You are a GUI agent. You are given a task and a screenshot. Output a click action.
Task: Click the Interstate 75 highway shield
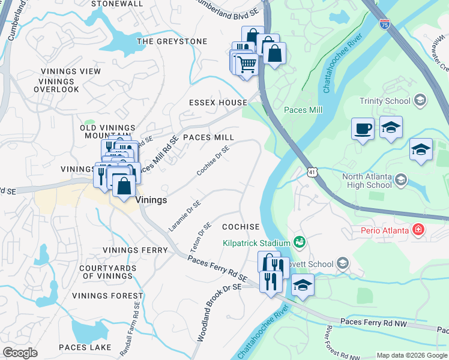(x=384, y=25)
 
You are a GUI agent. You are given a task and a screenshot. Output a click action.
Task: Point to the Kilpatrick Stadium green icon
(x=299, y=242)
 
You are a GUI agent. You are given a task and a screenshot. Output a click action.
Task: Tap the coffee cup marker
(x=363, y=129)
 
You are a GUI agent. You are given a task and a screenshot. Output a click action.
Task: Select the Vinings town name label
(x=151, y=200)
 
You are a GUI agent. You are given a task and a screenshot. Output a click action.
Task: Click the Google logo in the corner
(x=20, y=352)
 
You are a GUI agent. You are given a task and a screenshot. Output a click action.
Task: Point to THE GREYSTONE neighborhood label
(x=172, y=41)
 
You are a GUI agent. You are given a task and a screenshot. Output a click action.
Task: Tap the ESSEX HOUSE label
(x=217, y=103)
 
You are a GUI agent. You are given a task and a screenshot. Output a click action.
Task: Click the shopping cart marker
(x=247, y=64)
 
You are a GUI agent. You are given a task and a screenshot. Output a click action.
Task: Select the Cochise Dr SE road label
(x=213, y=161)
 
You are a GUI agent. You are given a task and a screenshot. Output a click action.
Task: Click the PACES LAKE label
(x=85, y=347)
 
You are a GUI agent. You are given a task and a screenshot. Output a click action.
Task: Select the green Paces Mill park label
(x=303, y=110)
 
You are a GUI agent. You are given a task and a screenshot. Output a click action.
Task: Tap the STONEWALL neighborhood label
(x=117, y=4)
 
